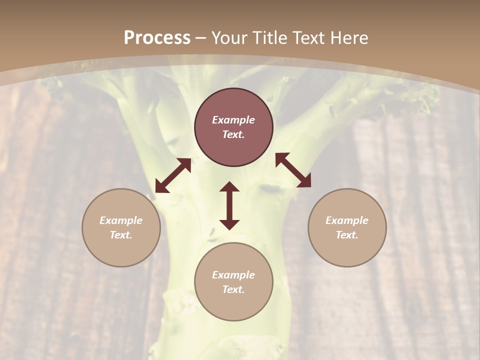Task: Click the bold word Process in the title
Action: tap(157, 38)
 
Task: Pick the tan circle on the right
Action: tap(347, 250)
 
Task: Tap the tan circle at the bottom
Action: tap(233, 305)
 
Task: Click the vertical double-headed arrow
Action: tap(229, 205)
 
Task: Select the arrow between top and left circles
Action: tap(173, 175)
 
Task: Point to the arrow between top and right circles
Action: tap(293, 170)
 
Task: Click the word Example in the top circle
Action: tap(233, 120)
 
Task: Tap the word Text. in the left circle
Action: tap(121, 235)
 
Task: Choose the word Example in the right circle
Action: tap(347, 220)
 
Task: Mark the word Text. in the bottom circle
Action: tap(233, 289)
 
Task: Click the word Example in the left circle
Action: tap(121, 220)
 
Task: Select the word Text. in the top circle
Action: tap(233, 134)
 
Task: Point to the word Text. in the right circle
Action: tap(347, 235)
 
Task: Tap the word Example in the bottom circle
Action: tap(233, 275)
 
